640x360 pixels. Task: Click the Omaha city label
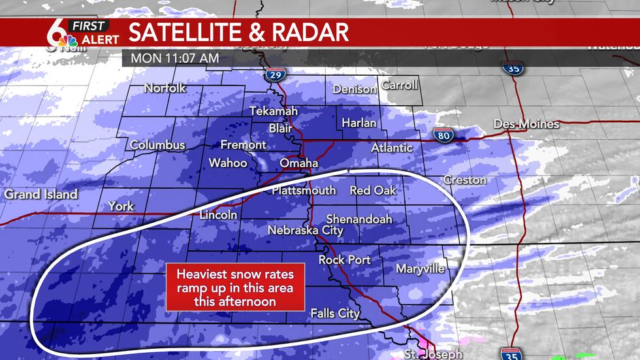click(298, 163)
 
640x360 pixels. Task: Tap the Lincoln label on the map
click(218, 215)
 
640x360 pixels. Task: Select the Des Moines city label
click(526, 124)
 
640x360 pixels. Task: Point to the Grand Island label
click(40, 194)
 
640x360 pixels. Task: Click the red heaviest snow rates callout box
click(235, 287)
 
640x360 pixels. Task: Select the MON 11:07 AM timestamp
click(174, 57)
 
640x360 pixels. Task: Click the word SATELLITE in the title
click(189, 32)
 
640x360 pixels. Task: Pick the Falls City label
click(335, 314)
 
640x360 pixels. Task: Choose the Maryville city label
click(420, 269)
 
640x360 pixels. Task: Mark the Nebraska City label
click(305, 231)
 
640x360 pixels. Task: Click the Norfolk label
click(165, 88)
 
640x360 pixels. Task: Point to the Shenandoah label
click(359, 219)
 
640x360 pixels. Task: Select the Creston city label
click(464, 180)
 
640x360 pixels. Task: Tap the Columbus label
click(157, 145)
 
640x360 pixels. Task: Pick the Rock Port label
click(344, 260)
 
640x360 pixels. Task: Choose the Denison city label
click(355, 90)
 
